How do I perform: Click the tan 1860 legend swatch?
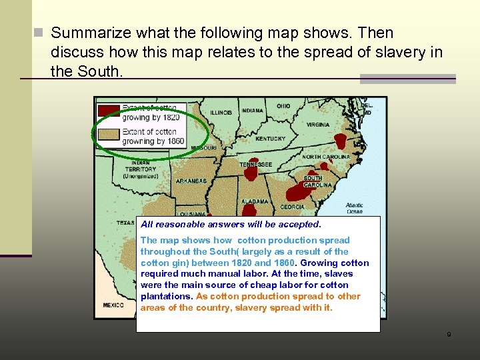coord(108,136)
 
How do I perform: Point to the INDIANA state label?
coord(252,111)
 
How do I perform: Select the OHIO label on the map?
coord(283,106)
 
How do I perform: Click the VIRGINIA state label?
coord(318,125)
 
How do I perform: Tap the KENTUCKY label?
coord(270,139)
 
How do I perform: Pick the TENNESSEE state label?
coord(256,164)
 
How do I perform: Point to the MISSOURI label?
coord(203,147)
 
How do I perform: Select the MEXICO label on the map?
coord(113,305)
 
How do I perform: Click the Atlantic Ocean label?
coord(354,209)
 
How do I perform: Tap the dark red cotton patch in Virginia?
coord(341,141)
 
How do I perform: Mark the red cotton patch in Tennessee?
coord(251,173)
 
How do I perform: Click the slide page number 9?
coord(449,335)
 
